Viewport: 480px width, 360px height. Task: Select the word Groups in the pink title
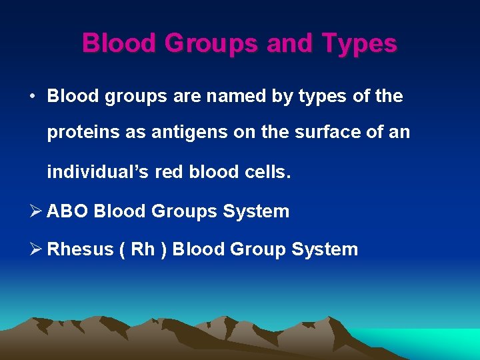211,44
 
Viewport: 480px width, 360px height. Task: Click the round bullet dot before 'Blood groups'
32,96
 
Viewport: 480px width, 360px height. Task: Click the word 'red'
170,172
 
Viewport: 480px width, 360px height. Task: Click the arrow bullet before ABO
35,211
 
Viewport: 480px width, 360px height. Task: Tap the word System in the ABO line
255,211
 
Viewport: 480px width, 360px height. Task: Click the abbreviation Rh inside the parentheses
143,249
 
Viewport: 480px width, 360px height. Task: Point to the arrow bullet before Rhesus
35,249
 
